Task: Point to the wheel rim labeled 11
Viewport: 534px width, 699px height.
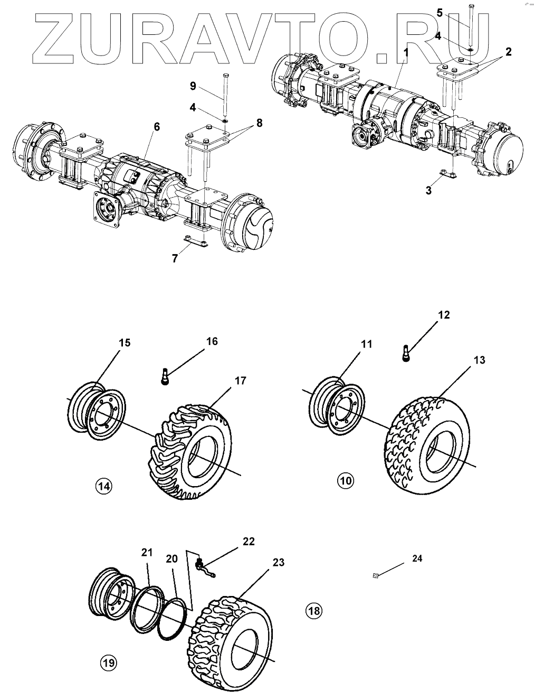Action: pos(337,406)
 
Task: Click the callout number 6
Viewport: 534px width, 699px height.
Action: pos(157,127)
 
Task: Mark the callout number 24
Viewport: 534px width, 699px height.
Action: pos(417,558)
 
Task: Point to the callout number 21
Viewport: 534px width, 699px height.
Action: pos(147,553)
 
